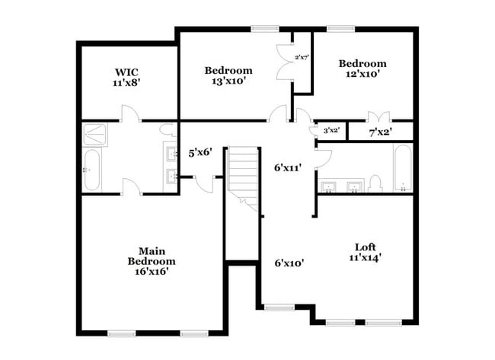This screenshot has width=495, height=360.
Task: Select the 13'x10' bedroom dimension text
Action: point(228,81)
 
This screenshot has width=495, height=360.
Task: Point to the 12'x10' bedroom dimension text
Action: point(362,75)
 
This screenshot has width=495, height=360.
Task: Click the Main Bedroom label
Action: point(146,256)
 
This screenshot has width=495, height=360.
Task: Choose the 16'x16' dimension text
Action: point(147,270)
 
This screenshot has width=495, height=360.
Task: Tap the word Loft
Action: point(364,247)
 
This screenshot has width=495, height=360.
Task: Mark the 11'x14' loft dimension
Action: point(364,257)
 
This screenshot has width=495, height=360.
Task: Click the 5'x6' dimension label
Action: point(200,152)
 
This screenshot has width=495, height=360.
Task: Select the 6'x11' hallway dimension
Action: point(289,168)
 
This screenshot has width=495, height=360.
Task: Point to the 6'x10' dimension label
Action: point(289,263)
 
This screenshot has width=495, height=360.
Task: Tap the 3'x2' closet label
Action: point(331,131)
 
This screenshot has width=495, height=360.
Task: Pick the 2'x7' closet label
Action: point(302,57)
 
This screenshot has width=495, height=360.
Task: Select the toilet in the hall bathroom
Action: point(375,183)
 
